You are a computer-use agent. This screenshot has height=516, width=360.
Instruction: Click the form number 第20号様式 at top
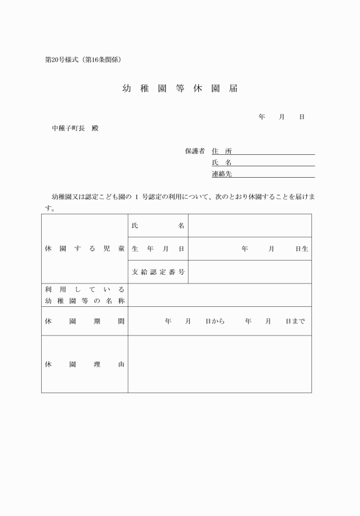pyautogui.click(x=62, y=59)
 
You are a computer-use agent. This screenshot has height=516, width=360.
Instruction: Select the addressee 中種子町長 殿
pyautogui.click(x=75, y=129)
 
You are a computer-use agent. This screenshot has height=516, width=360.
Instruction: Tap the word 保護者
pyautogui.click(x=194, y=151)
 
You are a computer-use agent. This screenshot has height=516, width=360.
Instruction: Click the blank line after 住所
pyautogui.click(x=274, y=151)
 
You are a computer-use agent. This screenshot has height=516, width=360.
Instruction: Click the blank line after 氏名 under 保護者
pyautogui.click(x=274, y=163)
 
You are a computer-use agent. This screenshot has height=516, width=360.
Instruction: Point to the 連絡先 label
pyautogui.click(x=222, y=174)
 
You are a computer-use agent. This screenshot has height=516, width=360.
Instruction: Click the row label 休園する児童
pyautogui.click(x=85, y=249)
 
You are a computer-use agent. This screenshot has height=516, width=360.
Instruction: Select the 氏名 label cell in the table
pyautogui.click(x=158, y=226)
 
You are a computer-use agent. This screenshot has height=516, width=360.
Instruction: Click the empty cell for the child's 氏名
pyautogui.click(x=250, y=226)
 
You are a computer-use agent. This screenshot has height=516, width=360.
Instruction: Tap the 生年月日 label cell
pyautogui.click(x=158, y=249)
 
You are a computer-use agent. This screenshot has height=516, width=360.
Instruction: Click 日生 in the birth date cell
pyautogui.click(x=302, y=249)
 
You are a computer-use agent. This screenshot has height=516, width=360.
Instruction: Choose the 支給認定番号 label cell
pyautogui.click(x=158, y=272)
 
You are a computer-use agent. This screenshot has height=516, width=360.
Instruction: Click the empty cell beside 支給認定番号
pyautogui.click(x=250, y=272)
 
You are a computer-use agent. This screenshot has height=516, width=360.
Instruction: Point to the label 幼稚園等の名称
pyautogui.click(x=85, y=301)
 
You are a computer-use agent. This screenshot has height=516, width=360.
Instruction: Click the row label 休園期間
pyautogui.click(x=85, y=321)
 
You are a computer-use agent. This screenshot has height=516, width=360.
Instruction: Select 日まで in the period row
pyautogui.click(x=295, y=321)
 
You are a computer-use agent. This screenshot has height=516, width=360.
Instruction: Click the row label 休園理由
pyautogui.click(x=85, y=364)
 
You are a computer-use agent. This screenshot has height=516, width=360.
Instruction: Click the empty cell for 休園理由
pyautogui.click(x=220, y=364)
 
